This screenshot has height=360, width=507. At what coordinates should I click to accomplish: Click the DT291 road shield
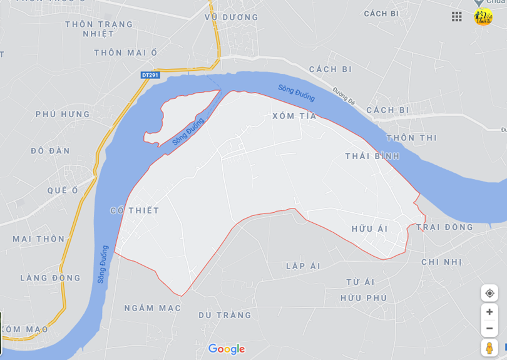click(x=150, y=75)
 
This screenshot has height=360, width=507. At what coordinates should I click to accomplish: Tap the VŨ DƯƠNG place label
click(x=231, y=18)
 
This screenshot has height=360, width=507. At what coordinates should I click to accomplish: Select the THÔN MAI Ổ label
click(x=126, y=53)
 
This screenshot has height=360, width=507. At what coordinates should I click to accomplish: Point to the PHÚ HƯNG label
click(x=63, y=115)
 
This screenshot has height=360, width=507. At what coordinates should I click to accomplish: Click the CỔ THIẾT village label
click(x=135, y=210)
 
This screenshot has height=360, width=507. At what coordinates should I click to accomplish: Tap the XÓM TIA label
click(x=294, y=116)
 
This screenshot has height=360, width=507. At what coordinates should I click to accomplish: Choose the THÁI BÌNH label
click(x=372, y=156)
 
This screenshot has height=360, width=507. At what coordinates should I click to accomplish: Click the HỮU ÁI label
click(x=369, y=229)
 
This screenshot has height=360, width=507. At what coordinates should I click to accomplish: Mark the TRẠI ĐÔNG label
click(x=444, y=227)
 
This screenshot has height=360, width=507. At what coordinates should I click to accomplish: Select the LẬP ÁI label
click(x=303, y=266)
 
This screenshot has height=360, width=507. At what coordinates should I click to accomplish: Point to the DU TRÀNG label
click(x=225, y=315)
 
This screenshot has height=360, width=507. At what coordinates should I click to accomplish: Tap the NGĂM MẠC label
click(x=152, y=308)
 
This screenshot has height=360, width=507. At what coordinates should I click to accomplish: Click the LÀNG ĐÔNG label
click(x=50, y=278)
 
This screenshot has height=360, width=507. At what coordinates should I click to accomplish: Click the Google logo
click(x=227, y=349)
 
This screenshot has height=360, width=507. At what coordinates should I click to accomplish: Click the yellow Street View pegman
click(x=489, y=348)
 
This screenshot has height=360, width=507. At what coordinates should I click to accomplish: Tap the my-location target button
click(x=489, y=293)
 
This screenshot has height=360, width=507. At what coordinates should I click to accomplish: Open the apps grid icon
click(x=457, y=17)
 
